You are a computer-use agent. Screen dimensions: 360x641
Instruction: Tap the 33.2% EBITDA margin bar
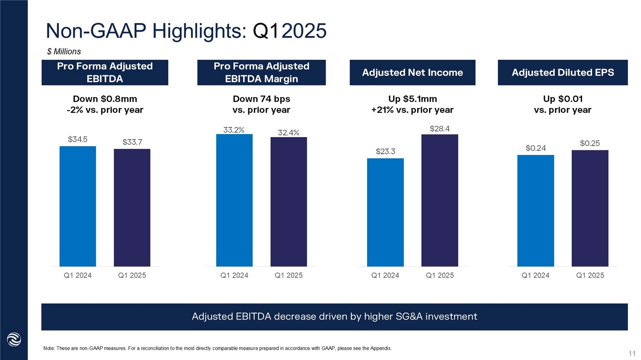(234, 200)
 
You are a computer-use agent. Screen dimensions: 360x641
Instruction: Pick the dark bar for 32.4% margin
(288, 202)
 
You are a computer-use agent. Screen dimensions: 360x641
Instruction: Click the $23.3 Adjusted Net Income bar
(385, 212)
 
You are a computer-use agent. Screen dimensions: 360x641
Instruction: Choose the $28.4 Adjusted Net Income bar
(440, 200)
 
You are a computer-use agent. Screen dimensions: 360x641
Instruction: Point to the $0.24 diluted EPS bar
(535, 211)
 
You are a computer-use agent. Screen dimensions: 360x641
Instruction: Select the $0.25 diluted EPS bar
(590, 208)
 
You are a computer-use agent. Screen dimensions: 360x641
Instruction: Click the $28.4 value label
(440, 129)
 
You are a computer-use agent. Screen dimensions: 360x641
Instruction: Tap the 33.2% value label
(234, 130)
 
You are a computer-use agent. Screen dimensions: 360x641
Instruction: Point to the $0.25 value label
(590, 143)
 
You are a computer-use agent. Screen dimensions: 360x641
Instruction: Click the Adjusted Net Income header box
(412, 73)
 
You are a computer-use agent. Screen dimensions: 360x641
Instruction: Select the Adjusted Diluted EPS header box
(562, 73)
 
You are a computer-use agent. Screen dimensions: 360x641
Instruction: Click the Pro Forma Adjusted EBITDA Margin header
(262, 73)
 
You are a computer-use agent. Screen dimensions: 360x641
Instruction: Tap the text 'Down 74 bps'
(262, 99)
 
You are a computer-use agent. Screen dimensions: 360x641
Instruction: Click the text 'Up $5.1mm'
(412, 99)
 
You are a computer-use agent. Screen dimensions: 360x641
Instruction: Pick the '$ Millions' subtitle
(64, 52)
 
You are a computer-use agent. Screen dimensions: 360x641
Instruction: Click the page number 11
(632, 354)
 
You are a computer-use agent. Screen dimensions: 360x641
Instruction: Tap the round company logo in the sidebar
(14, 340)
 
